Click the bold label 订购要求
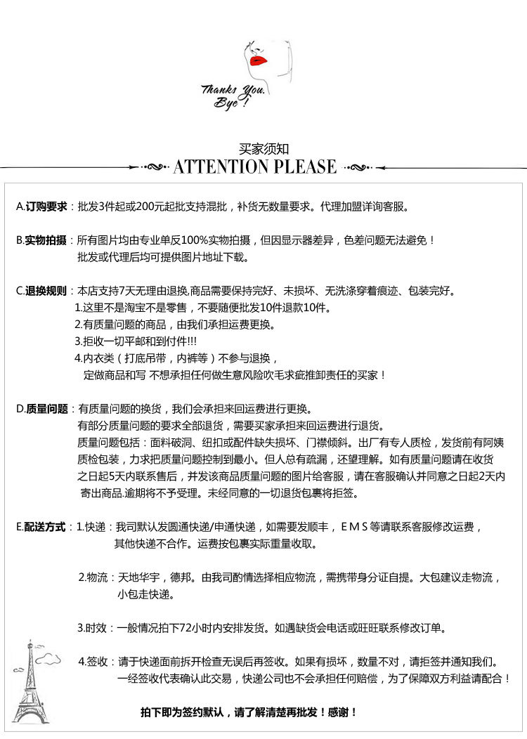46,207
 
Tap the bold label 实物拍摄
46,240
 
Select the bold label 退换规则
46,291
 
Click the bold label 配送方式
46,527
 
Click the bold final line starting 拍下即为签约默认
249,712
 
